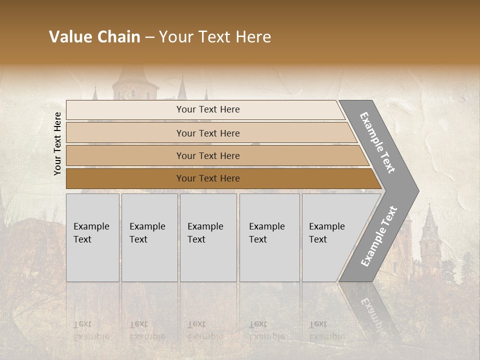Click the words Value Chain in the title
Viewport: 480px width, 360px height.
point(94,37)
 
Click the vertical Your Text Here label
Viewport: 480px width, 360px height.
point(57,143)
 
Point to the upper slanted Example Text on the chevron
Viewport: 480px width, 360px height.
point(377,142)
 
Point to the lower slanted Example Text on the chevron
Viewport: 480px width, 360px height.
point(379,236)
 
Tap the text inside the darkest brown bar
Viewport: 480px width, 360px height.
point(208,178)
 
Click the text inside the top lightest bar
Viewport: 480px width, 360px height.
point(208,109)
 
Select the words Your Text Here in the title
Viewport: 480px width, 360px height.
point(215,37)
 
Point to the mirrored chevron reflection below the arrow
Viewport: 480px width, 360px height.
point(372,310)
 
